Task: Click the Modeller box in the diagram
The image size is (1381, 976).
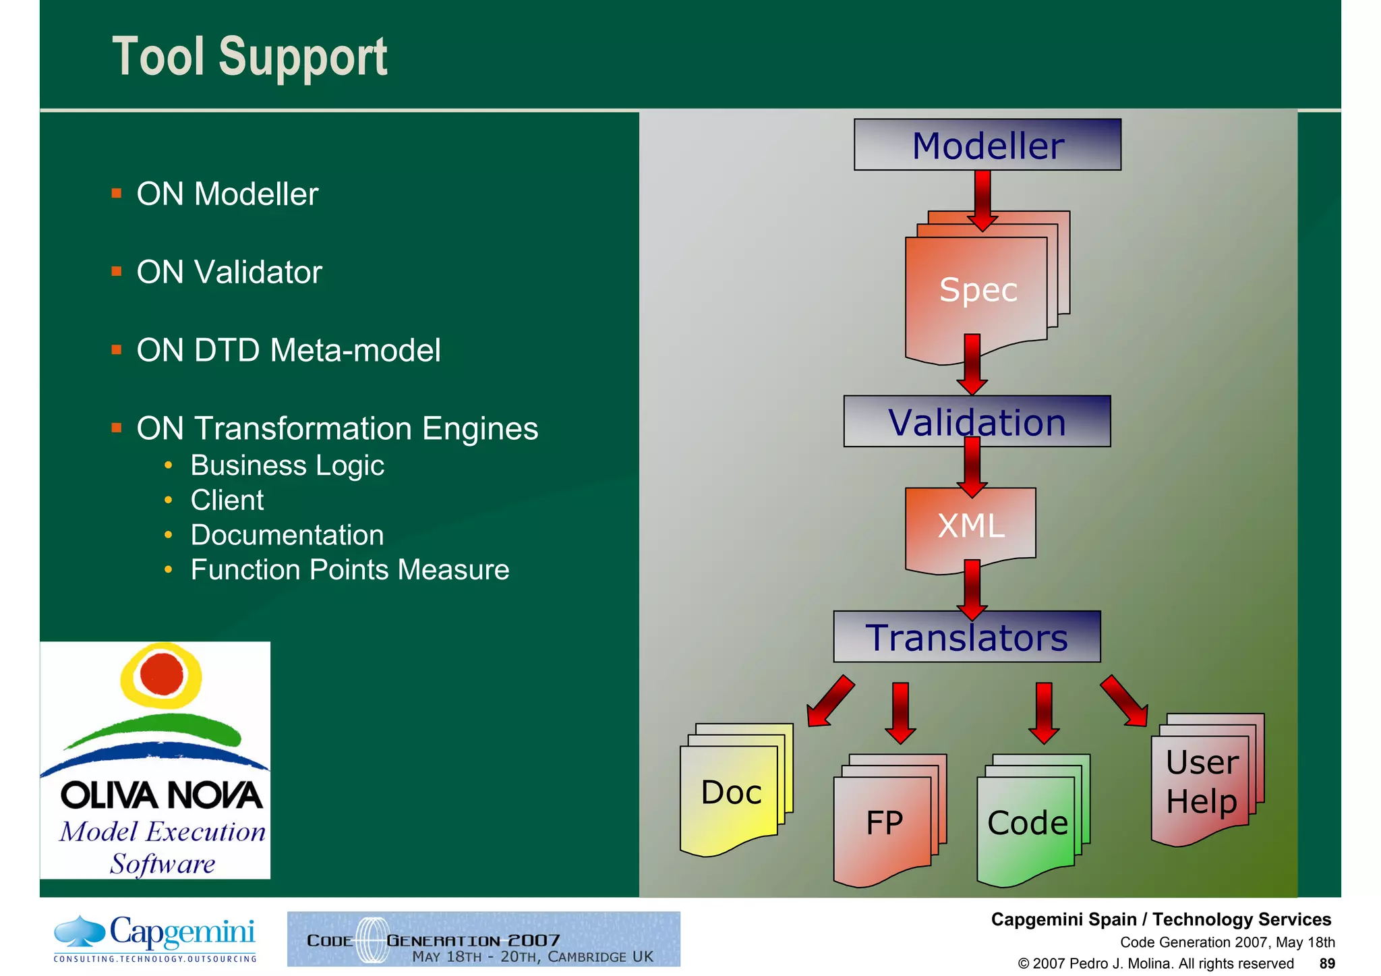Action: click(987, 145)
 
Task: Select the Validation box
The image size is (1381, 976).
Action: click(977, 422)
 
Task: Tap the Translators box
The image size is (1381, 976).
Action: click(966, 637)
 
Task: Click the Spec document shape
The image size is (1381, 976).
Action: click(978, 290)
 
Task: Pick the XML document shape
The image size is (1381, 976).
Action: click(971, 525)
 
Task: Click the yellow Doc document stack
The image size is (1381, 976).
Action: click(732, 793)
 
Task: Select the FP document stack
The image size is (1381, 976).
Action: click(884, 823)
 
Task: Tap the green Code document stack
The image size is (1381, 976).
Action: click(1027, 823)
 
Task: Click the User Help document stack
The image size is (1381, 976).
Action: click(1202, 782)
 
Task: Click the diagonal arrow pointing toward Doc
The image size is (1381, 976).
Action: click(830, 701)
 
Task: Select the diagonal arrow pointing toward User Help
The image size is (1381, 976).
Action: click(1124, 701)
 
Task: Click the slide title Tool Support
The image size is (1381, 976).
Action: click(249, 57)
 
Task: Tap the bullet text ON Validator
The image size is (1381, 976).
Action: click(229, 272)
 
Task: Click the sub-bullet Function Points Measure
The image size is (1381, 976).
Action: click(350, 570)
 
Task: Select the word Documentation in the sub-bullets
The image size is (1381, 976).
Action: click(287, 535)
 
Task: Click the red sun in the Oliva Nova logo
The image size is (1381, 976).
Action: click(162, 673)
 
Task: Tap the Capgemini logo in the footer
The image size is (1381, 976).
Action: click(155, 938)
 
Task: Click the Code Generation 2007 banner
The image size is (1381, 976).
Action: click(483, 939)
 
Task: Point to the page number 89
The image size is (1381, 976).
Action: click(1327, 963)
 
